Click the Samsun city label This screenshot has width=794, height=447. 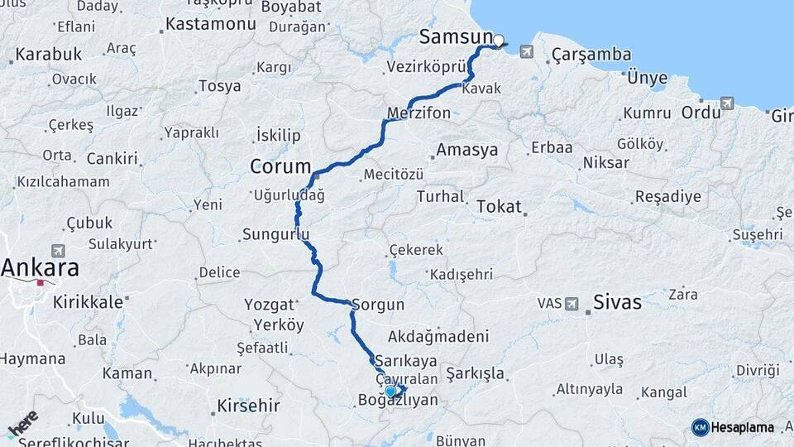[455, 36]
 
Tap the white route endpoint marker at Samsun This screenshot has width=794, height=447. [499, 40]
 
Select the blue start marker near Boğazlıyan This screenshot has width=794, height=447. [390, 392]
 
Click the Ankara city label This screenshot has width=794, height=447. [40, 267]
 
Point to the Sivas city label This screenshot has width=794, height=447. [617, 302]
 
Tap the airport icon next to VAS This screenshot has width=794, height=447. [571, 304]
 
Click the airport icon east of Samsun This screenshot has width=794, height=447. [527, 52]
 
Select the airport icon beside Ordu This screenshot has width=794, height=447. [726, 103]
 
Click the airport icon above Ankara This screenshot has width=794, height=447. [57, 250]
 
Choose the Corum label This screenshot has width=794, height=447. [280, 167]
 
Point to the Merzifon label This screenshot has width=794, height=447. [419, 113]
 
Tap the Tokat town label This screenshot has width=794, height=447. [499, 207]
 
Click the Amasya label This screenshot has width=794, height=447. [467, 150]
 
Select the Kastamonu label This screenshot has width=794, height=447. [210, 24]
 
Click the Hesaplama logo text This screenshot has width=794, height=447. [743, 427]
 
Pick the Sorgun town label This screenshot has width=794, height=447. [378, 305]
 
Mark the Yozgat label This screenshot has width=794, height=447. [270, 305]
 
